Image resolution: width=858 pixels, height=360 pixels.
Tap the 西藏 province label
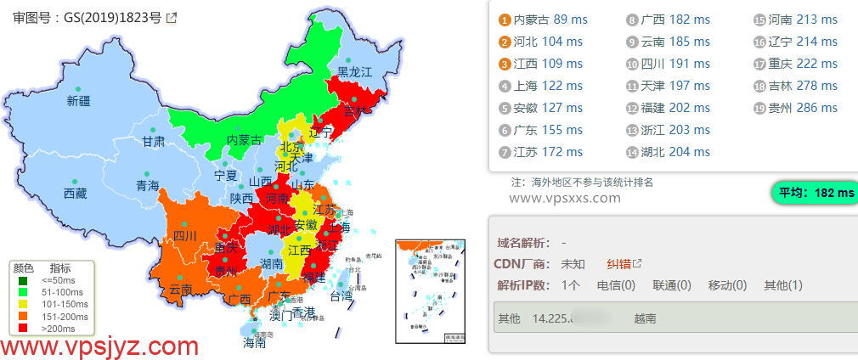[75, 194]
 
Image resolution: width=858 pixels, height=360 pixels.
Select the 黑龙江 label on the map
[355, 72]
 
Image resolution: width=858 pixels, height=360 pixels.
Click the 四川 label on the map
[184, 235]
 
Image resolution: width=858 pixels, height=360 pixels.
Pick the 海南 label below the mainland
[255, 344]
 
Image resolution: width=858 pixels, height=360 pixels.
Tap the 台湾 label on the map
[341, 297]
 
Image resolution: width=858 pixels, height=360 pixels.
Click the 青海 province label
[147, 185]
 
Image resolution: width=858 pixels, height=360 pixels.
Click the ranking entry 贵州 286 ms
[803, 108]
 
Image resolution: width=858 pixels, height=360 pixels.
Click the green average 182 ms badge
[813, 193]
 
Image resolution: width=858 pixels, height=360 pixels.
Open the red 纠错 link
[618, 263]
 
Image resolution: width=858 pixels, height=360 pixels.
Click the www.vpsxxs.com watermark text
[564, 198]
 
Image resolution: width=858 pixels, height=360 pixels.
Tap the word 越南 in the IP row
[644, 318]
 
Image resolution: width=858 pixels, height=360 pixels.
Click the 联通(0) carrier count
[671, 285]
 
